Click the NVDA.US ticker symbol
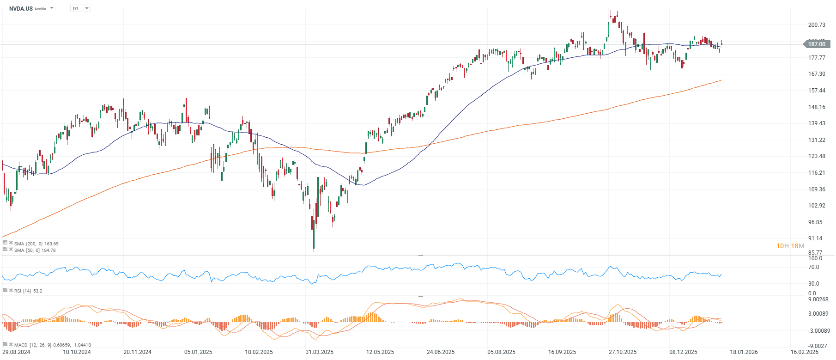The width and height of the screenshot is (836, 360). [21, 9]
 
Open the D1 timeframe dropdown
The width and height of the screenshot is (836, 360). [80, 8]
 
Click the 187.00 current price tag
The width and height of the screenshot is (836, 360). [817, 44]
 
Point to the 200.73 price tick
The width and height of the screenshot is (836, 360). [817, 25]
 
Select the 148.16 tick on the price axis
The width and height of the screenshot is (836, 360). [817, 107]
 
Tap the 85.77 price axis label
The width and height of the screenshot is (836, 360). [816, 253]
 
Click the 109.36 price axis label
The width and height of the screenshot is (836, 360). [817, 189]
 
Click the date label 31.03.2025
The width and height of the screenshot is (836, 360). [319, 352]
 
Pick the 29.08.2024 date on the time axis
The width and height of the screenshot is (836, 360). [16, 352]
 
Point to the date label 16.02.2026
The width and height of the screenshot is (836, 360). [804, 352]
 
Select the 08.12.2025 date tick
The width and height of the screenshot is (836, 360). [683, 352]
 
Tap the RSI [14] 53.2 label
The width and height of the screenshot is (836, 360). [28, 291]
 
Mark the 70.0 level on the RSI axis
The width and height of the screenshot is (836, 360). [813, 267]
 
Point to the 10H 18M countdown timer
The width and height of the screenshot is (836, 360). [790, 246]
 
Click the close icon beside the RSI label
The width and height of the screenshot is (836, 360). [11, 290]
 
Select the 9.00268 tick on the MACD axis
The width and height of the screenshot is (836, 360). [818, 299]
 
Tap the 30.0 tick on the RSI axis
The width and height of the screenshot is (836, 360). [813, 284]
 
